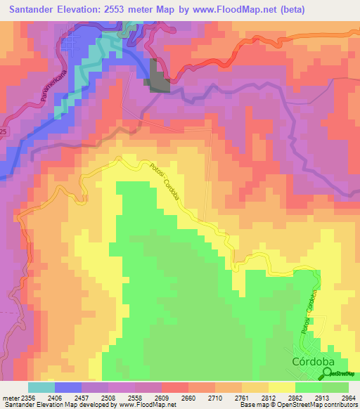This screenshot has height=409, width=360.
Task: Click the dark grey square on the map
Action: (x=160, y=77)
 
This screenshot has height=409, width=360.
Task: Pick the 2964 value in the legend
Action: (x=349, y=398)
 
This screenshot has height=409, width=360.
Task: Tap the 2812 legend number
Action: (x=269, y=398)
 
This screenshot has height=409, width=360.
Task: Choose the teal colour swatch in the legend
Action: (x=41, y=387)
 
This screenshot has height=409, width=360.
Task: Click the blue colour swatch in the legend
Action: (x=67, y=387)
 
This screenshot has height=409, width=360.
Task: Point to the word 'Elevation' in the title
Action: (x=79, y=9)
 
